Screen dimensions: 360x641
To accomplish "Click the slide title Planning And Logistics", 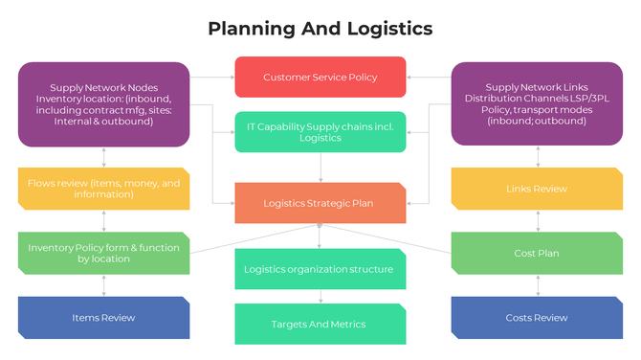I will click(320, 29).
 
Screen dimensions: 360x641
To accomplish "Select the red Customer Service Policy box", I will click(320, 78).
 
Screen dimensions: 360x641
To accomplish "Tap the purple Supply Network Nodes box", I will click(103, 104).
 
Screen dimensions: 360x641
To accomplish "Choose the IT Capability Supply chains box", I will click(320, 132).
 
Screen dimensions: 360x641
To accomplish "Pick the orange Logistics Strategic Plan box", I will click(320, 203).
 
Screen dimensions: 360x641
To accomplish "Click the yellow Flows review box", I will click(103, 189).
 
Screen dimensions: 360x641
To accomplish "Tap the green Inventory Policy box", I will click(103, 253).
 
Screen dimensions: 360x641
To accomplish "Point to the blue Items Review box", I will click(103, 317).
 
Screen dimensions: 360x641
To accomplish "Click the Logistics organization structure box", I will click(320, 269).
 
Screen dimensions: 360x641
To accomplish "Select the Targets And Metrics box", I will click(320, 324).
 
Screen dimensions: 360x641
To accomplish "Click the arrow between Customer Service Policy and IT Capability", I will click(320, 104).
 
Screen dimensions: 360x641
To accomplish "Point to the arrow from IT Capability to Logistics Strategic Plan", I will click(320, 169).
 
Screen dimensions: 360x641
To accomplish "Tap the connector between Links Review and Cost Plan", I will click(538, 221).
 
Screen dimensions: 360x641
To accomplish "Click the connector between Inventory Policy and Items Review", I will click(103, 285).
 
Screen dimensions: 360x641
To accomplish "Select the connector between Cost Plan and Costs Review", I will click(538, 285).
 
